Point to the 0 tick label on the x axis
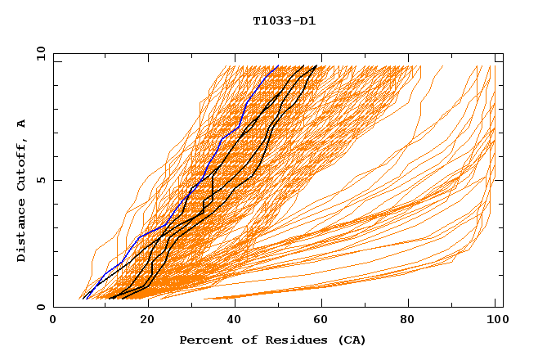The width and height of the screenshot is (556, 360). [x=53, y=322]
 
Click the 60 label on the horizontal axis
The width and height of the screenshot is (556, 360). [x=325, y=322]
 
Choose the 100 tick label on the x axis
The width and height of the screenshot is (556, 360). [x=495, y=322]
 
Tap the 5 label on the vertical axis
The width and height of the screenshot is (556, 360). [x=39, y=180]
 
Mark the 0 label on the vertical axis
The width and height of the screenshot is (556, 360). [x=39, y=307]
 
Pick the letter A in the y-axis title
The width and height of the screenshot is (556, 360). [x=21, y=123]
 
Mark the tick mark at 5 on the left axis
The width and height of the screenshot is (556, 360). [x=56, y=180]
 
